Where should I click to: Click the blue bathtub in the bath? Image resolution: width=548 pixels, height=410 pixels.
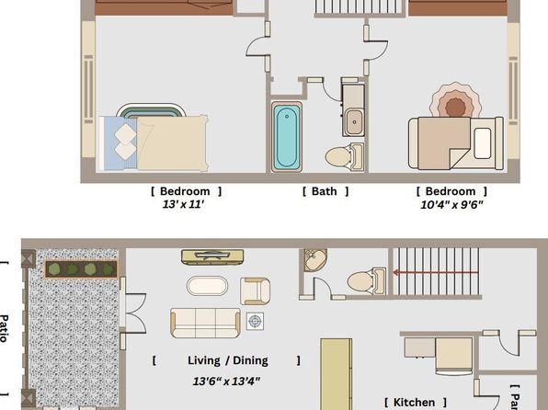[286, 135]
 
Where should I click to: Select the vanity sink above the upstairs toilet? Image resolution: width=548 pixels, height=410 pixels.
[353, 119]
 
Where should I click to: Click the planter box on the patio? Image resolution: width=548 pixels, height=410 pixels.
[82, 269]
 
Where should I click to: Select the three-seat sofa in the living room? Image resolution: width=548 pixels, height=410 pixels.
[205, 322]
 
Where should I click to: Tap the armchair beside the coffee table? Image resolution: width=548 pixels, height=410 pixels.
[256, 290]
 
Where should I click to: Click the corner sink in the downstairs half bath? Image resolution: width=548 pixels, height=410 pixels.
[314, 262]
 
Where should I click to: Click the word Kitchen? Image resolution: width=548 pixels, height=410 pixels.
[415, 403]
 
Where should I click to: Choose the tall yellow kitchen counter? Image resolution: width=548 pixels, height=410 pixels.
[336, 373]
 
